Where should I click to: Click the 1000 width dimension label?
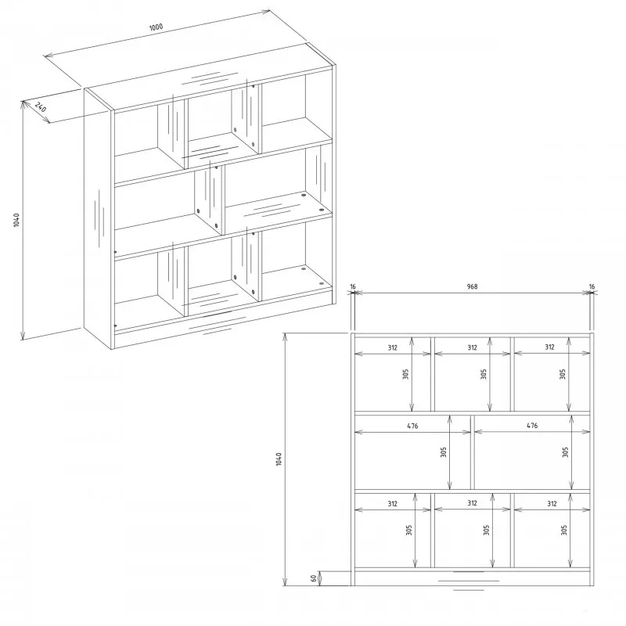[x=156, y=27]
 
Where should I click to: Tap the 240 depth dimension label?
[x=41, y=107]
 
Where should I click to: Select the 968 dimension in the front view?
[x=472, y=286]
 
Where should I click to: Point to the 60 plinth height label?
[x=314, y=577]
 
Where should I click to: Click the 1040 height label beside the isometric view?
[x=16, y=220]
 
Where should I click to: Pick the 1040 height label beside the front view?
[x=279, y=459]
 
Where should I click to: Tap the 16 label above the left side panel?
[x=353, y=286]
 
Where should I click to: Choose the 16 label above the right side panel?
[x=592, y=286]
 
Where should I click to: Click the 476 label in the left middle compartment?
[x=412, y=426]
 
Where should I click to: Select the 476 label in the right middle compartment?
[x=532, y=426]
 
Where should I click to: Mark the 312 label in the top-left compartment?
[x=393, y=347]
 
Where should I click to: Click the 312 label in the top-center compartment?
[x=473, y=347]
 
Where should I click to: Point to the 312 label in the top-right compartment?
[x=550, y=347]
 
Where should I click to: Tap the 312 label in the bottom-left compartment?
[x=393, y=504]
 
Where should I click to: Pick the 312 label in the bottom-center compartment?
[x=473, y=503]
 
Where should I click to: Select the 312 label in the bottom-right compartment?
[x=552, y=504]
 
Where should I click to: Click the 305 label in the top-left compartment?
[x=405, y=374]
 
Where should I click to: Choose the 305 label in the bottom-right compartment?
[x=563, y=531]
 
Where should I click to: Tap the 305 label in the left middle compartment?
[x=443, y=452]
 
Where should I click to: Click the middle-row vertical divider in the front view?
[x=473, y=452]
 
